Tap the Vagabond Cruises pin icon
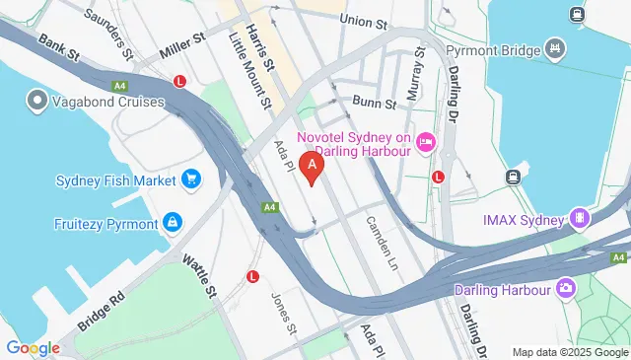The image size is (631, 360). coord(37,100)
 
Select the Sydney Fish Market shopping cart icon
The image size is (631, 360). coord(191,180)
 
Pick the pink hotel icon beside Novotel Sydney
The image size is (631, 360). coord(426,143)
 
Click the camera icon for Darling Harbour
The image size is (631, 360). coord(567,288)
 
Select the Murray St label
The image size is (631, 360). coord(419,69)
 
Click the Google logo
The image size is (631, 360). coord(33,347)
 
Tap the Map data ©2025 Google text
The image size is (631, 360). coord(569,352)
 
